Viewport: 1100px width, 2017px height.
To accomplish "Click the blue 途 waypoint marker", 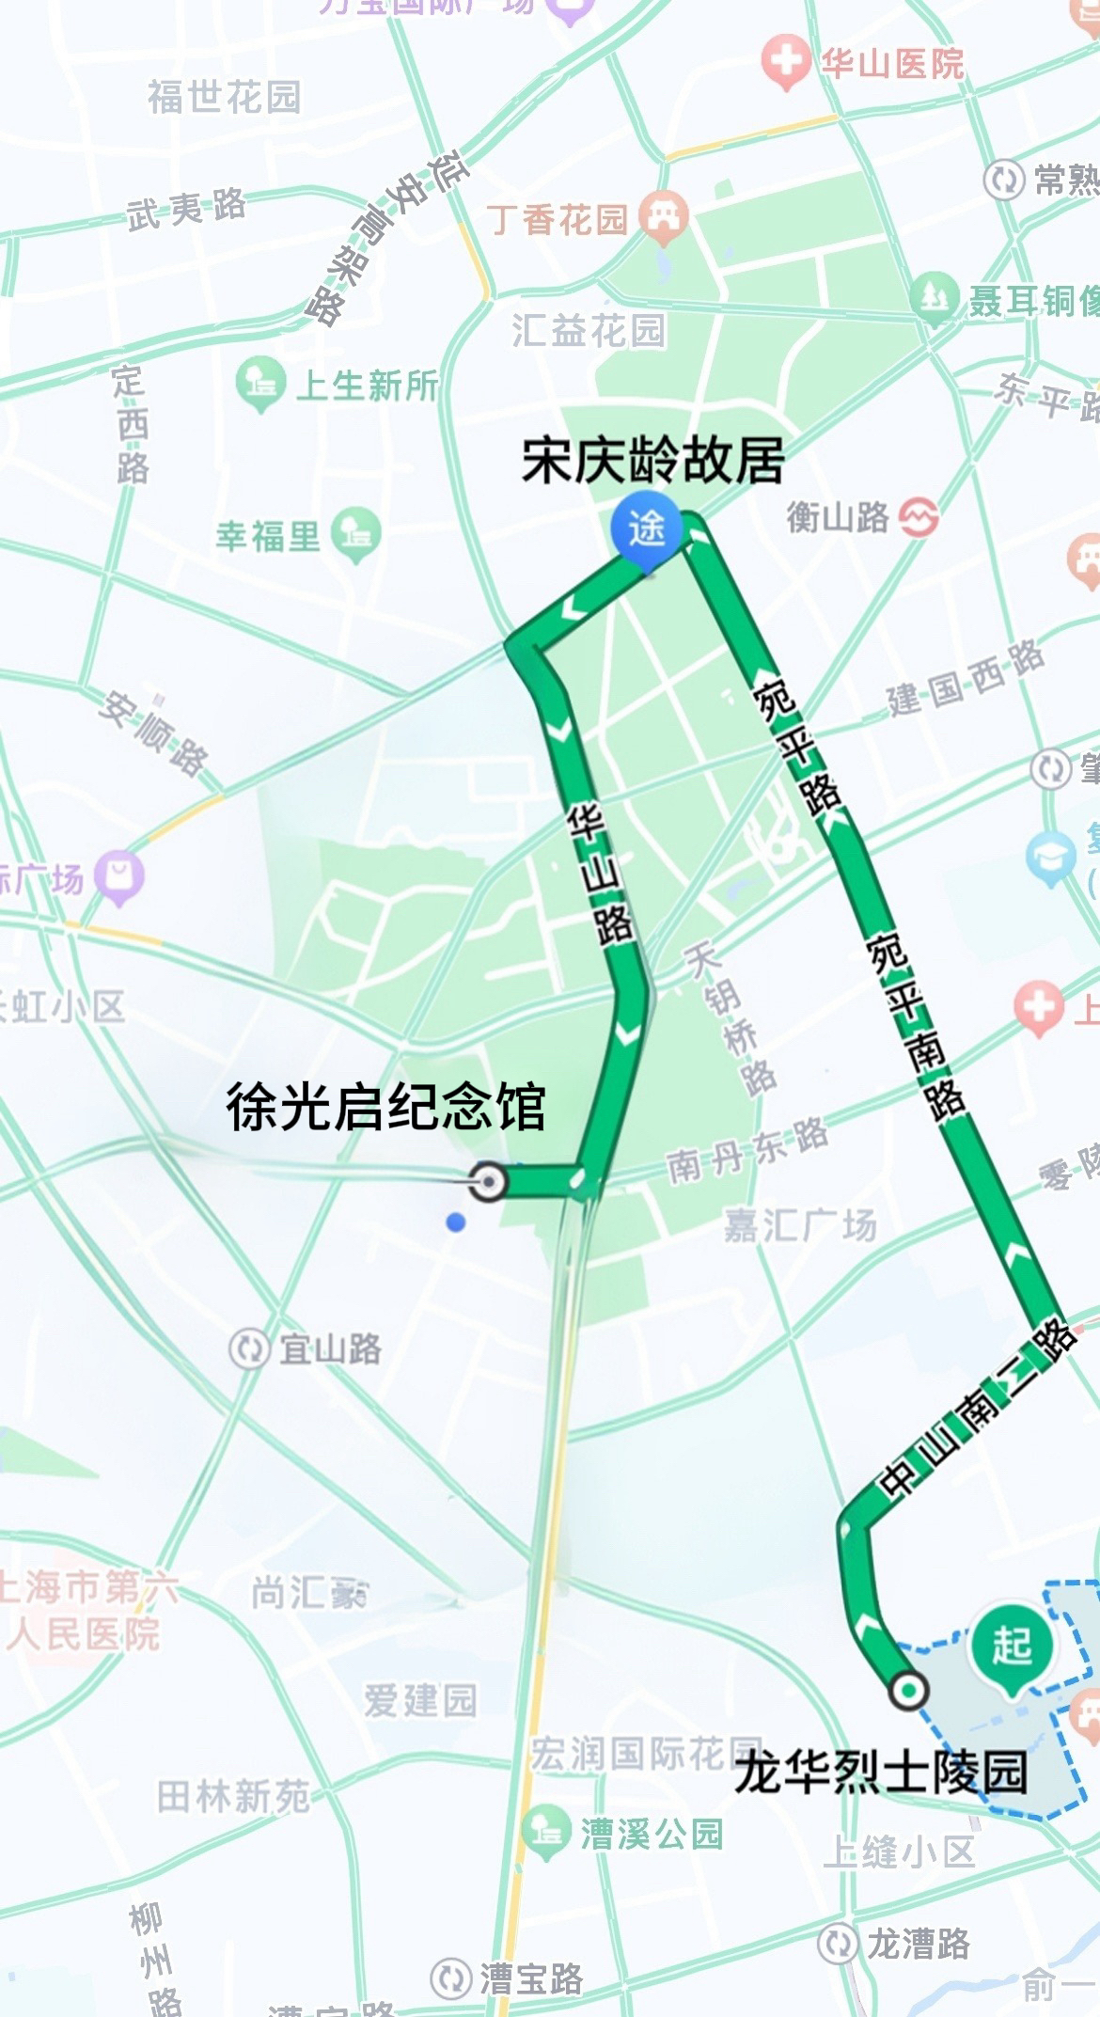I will click(x=647, y=530).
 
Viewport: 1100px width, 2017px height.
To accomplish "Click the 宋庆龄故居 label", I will click(x=652, y=461).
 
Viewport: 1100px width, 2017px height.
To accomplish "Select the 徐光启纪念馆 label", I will click(x=385, y=1107).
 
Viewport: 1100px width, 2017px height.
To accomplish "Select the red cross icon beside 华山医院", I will click(x=785, y=64).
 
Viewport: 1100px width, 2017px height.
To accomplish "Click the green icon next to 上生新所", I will click(x=260, y=383).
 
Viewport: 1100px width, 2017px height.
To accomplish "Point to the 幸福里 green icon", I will click(x=356, y=535).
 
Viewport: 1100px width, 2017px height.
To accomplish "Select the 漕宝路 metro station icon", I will click(x=451, y=1978).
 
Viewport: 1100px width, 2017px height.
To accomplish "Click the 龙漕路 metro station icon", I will click(x=838, y=1943).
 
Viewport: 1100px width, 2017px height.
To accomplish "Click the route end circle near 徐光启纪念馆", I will click(x=487, y=1180).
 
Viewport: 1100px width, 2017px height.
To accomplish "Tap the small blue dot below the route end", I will click(x=456, y=1222).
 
